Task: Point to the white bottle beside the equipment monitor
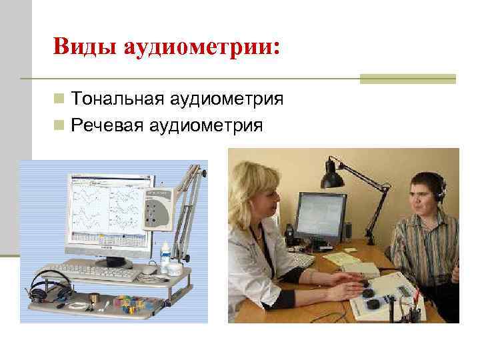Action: (x=165, y=258)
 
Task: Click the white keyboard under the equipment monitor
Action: (x=99, y=271)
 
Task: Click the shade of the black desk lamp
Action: (x=333, y=175)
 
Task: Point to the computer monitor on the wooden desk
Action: (x=321, y=217)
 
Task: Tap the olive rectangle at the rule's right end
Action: (x=407, y=79)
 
